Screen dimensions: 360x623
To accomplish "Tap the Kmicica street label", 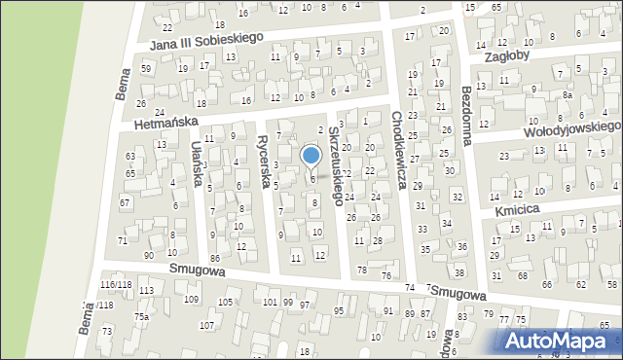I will pos(516,209).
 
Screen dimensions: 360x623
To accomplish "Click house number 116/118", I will pos(116,284).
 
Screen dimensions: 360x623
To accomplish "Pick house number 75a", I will pos(142,318).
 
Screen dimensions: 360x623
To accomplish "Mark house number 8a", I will pos(567,96).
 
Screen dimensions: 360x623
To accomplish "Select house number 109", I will pos(192,299).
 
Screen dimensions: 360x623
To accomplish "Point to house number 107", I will pos(206,325).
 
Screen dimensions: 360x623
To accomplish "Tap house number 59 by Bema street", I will pos(146,69).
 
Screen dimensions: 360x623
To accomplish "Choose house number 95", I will pos(339,311).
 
